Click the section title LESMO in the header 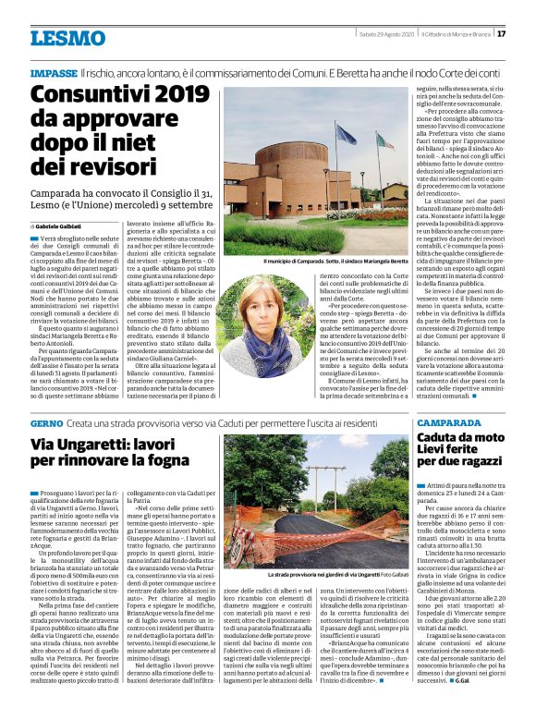[x=67, y=38]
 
